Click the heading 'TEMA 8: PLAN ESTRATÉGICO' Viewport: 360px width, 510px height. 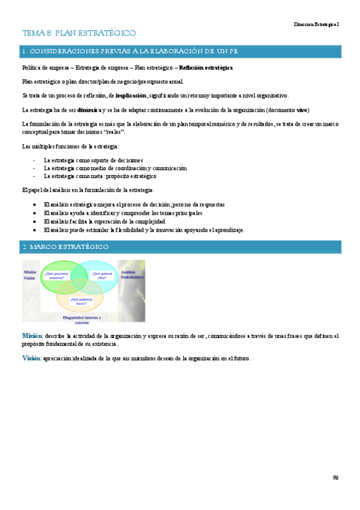point(79,33)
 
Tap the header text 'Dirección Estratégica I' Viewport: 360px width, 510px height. point(316,24)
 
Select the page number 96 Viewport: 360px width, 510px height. point(335,478)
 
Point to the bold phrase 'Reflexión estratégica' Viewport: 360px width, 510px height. point(206,68)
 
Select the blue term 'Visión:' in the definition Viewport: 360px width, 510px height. point(31,358)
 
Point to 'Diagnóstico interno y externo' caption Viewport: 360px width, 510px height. point(82,319)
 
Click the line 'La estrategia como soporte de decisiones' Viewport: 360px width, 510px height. point(93,161)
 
